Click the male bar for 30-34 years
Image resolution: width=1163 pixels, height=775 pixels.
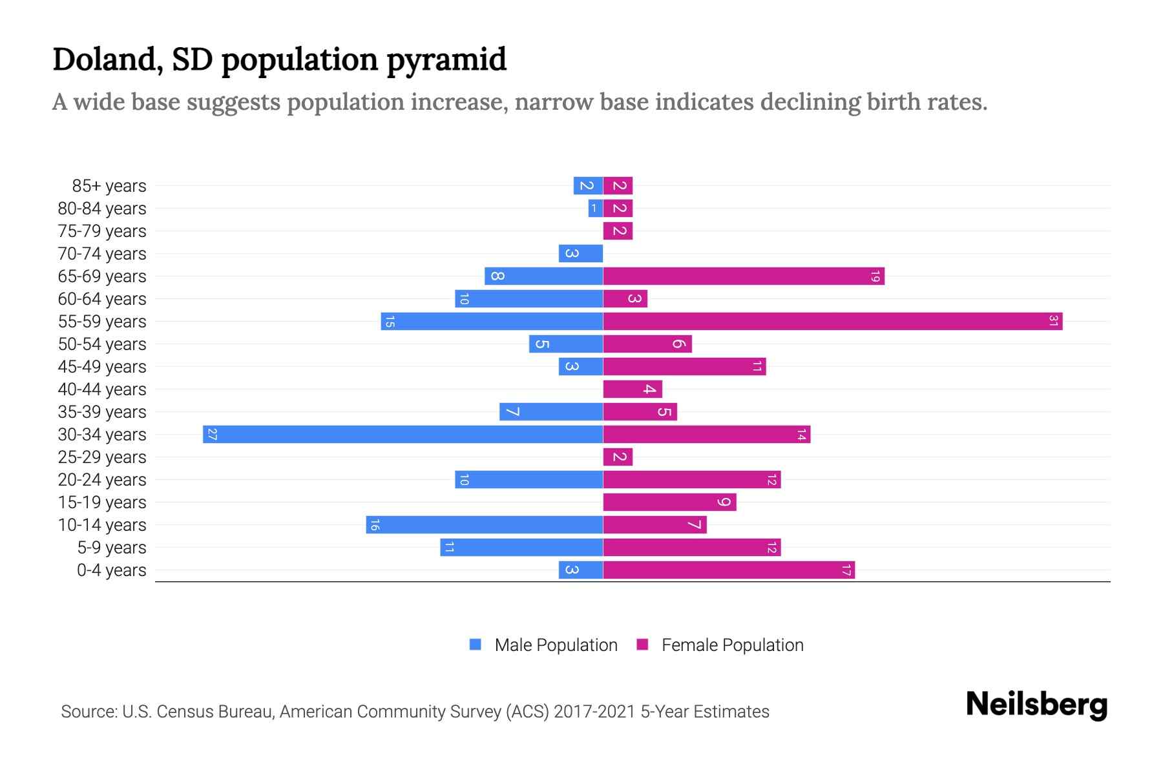click(x=403, y=434)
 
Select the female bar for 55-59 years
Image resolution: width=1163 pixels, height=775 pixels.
click(x=832, y=321)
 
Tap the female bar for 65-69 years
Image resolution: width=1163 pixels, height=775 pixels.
click(x=743, y=276)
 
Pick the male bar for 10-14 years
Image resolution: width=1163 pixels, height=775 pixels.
click(x=485, y=524)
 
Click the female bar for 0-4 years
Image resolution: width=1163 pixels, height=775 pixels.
click(x=729, y=570)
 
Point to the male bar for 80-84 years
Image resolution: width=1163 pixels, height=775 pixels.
click(x=595, y=208)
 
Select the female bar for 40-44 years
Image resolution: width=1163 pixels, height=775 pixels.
click(x=632, y=389)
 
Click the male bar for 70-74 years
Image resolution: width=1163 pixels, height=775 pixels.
click(x=580, y=253)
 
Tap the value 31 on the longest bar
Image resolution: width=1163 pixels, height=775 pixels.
click(x=1053, y=321)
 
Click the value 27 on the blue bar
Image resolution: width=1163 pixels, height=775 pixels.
click(x=212, y=434)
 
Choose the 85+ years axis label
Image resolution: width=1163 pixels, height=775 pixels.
click(x=109, y=186)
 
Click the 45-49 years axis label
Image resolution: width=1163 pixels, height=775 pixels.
click(x=102, y=367)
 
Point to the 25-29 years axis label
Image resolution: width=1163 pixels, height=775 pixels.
click(x=102, y=457)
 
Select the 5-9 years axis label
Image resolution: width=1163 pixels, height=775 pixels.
click(x=112, y=548)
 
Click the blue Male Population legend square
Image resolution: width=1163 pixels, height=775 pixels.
click(x=476, y=645)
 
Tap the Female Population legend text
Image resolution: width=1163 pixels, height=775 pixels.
click(x=732, y=645)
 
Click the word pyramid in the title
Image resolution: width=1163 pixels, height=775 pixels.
click(x=446, y=59)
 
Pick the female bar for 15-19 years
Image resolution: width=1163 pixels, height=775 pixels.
click(x=669, y=502)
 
